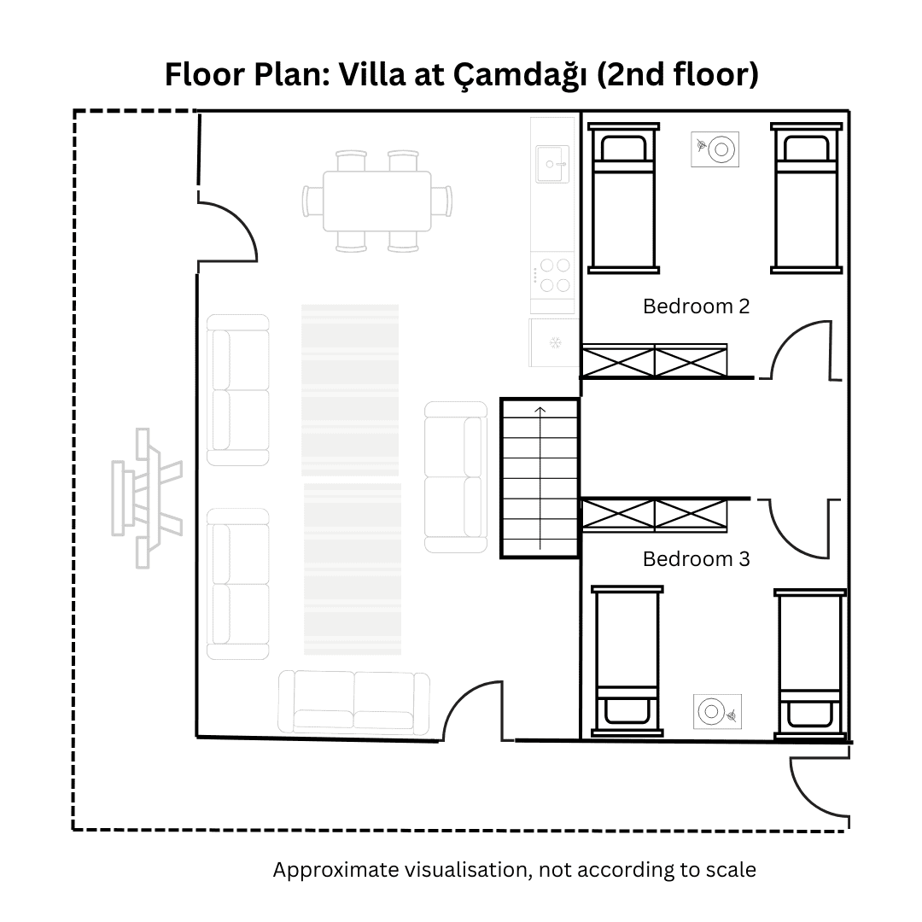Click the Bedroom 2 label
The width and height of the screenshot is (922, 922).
pyautogui.click(x=697, y=306)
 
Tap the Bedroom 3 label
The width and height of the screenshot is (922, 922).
pyautogui.click(x=697, y=558)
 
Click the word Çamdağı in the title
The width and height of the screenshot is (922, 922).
pyautogui.click(x=520, y=75)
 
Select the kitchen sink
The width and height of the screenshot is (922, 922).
pyautogui.click(x=552, y=164)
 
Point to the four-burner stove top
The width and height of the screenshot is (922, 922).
pyautogui.click(x=552, y=275)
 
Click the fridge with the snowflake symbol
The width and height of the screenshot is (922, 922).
pyautogui.click(x=554, y=343)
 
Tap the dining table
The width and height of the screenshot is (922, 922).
pyautogui.click(x=377, y=201)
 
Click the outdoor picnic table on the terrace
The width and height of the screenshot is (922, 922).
pyautogui.click(x=147, y=498)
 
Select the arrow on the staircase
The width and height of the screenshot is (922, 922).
pyautogui.click(x=540, y=477)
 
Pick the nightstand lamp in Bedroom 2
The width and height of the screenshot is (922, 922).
pyautogui.click(x=715, y=149)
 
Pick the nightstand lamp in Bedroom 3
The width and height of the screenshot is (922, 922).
pyautogui.click(x=717, y=711)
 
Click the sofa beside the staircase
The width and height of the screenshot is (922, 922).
pyautogui.click(x=456, y=477)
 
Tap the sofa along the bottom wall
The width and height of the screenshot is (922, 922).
pyautogui.click(x=354, y=703)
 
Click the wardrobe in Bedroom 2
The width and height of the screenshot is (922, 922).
pyautogui.click(x=655, y=360)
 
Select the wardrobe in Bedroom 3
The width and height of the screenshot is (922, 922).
pyautogui.click(x=655, y=515)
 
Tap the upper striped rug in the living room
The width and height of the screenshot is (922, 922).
pyautogui.click(x=350, y=390)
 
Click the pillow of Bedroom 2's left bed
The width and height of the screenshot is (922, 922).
pyautogui.click(x=623, y=149)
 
